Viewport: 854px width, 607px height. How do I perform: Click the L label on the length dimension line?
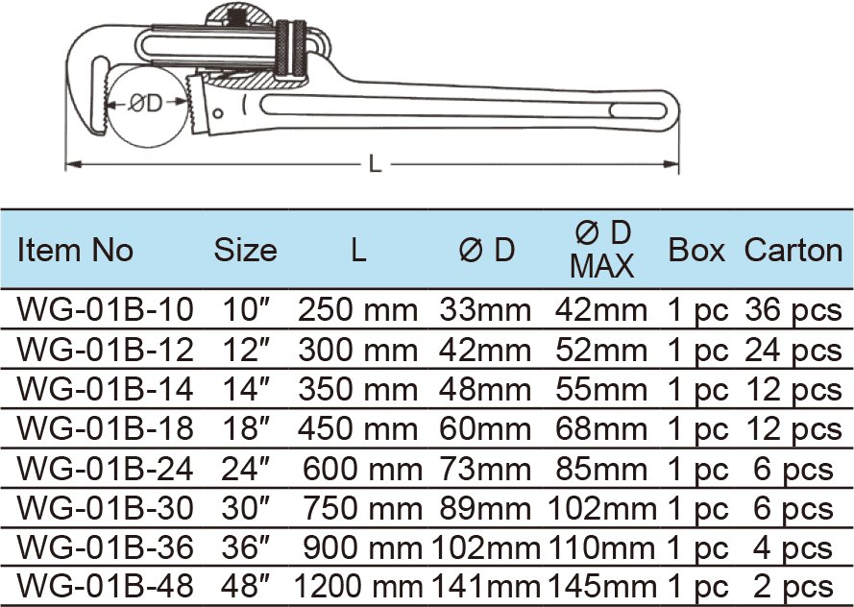click(x=376, y=164)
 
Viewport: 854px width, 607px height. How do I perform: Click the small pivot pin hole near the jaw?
click(x=219, y=114)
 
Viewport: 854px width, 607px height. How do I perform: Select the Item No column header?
click(x=76, y=251)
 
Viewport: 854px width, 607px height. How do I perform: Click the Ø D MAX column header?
click(x=602, y=250)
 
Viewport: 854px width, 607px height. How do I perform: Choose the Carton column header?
click(x=793, y=251)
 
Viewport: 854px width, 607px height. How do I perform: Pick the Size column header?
click(x=245, y=251)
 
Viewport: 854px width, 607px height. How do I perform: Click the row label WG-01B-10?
click(x=106, y=310)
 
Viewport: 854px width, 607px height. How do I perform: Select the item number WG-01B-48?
click(x=106, y=585)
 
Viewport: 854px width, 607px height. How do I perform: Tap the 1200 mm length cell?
click(x=355, y=585)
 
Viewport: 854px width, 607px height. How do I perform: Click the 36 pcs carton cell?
click(x=793, y=310)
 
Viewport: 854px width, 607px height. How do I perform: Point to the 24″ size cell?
click(x=244, y=468)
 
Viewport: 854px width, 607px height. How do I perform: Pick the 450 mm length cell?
click(x=357, y=427)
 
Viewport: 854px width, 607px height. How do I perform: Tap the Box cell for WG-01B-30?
click(x=697, y=507)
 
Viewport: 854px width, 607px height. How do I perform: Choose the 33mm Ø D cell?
click(x=485, y=310)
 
